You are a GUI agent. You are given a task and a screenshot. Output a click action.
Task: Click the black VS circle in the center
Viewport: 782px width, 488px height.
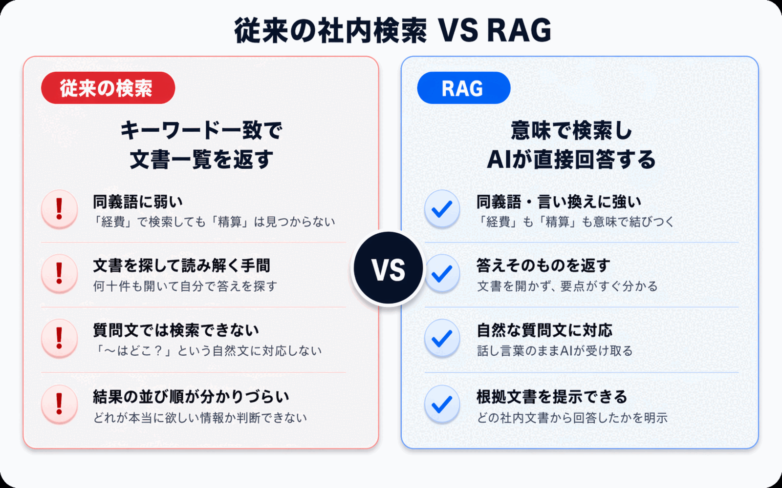tap(389, 268)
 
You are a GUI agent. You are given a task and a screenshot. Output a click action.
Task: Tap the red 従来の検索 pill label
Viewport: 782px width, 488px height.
tap(108, 88)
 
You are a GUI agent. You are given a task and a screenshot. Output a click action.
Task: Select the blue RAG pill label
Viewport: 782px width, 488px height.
tap(463, 88)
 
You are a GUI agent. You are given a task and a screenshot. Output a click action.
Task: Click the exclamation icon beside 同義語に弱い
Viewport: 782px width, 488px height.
tap(60, 209)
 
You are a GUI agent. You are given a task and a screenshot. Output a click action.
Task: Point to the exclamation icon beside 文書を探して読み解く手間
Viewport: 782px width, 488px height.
tap(60, 273)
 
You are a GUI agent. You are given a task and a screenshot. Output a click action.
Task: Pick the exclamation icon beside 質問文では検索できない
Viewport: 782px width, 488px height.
tap(60, 338)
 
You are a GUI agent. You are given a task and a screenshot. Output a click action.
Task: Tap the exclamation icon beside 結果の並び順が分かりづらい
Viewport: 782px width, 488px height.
tap(60, 404)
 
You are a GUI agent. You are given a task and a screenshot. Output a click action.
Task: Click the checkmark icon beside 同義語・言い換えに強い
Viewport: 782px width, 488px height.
tap(442, 209)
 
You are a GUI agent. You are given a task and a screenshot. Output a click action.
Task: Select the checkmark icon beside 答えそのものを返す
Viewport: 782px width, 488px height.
tap(442, 273)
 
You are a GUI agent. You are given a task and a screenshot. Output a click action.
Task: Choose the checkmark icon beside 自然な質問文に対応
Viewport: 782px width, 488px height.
tap(442, 338)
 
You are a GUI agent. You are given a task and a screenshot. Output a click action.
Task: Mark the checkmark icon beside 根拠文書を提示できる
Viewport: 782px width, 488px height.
tap(442, 404)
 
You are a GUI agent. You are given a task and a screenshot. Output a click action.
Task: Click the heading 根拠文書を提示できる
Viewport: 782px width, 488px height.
tap(552, 397)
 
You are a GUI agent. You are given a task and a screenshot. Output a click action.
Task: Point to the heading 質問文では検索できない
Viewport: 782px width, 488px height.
tap(176, 330)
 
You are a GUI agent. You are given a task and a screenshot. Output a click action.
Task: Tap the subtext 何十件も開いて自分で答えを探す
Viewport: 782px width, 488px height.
tap(185, 286)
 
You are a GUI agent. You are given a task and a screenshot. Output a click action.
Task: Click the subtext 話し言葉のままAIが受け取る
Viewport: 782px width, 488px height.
tap(555, 351)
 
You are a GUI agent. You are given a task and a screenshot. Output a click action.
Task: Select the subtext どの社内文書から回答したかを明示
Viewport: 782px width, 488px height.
tap(572, 418)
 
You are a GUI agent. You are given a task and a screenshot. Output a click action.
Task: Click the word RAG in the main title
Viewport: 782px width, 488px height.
tap(519, 30)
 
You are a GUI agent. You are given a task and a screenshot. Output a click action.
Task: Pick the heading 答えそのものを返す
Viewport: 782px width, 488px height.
tap(543, 265)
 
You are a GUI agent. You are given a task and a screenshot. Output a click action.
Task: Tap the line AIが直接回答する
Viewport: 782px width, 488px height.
tap(571, 160)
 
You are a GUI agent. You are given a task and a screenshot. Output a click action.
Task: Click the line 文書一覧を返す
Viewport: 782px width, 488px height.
tap(201, 160)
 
